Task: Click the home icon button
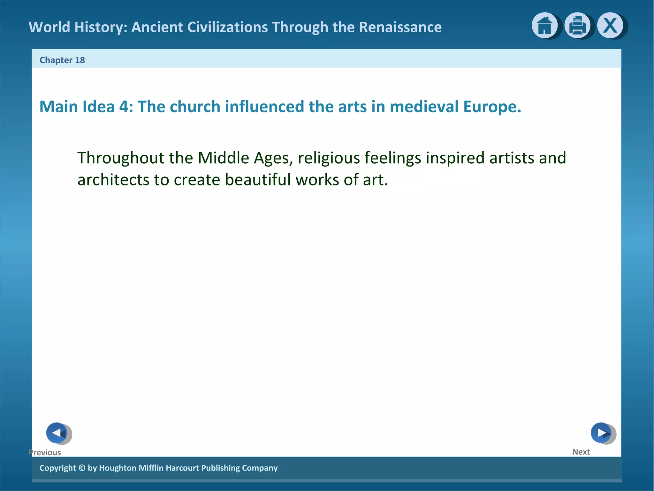[x=544, y=26]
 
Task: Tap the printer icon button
[x=577, y=26]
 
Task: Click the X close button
[x=610, y=26]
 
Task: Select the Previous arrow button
[x=57, y=433]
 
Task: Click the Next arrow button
[x=601, y=433]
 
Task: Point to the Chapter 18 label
[x=62, y=60]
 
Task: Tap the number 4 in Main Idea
[x=124, y=106]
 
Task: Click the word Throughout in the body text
[x=120, y=158]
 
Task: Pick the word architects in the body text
[x=113, y=180]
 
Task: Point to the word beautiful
[x=258, y=180]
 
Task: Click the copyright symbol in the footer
[x=82, y=468]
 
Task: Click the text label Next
[x=581, y=452]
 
